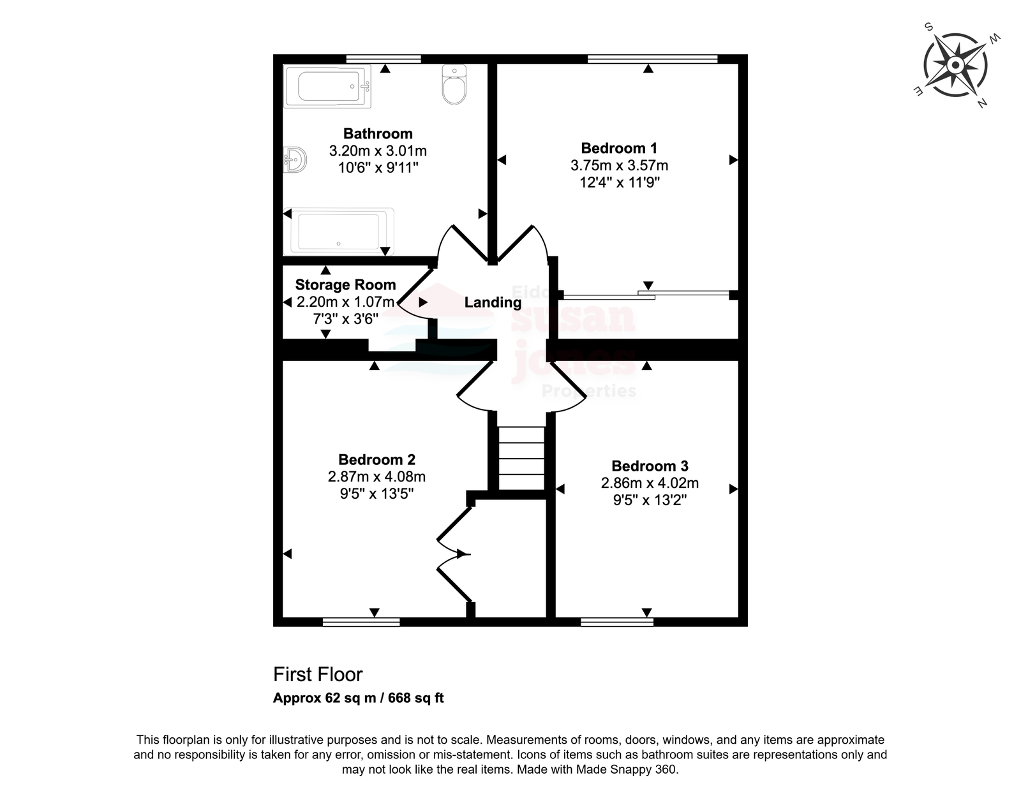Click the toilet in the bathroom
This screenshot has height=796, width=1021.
pos(454,85)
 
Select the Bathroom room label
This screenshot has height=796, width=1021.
pos(378,134)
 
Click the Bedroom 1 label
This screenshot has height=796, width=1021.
pos(619,149)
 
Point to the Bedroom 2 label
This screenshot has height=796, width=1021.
pos(377,460)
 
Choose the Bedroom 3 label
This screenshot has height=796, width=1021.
pos(650,466)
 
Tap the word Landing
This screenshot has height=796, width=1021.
pos(493,303)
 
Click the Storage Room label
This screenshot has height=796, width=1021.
pos(345,285)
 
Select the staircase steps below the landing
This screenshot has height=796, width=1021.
pos(521,458)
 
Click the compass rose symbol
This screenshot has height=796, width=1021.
pos(956,65)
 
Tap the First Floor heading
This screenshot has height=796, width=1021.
pos(318,675)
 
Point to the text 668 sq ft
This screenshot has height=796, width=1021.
pos(416,698)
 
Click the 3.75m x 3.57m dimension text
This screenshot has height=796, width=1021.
pos(619,165)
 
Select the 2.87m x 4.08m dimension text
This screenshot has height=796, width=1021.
pos(377,477)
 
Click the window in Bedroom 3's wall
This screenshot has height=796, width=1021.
pos(617,623)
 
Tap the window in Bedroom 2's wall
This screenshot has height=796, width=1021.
pos(361,623)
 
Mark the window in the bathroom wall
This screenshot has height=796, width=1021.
pos(384,59)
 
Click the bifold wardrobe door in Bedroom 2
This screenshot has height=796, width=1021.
pos(454,554)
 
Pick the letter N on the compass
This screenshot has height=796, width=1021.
pos(981,103)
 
